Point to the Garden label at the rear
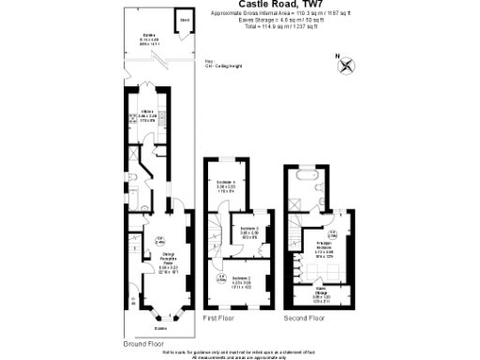click(148, 40)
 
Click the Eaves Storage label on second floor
click(322, 296)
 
